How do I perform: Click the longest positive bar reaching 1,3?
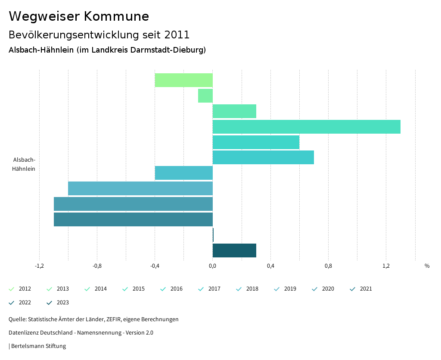click(x=306, y=127)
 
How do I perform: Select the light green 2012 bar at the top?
click(x=184, y=80)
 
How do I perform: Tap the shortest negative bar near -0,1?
click(x=205, y=96)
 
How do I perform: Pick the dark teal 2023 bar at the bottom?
click(x=234, y=250)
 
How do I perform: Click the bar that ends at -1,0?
click(x=140, y=188)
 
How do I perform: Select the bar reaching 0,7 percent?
click(x=263, y=157)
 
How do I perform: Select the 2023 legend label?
click(x=62, y=303)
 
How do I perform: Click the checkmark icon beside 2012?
click(x=12, y=289)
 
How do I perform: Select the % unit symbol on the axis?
click(x=427, y=266)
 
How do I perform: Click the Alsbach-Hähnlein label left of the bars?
click(x=24, y=164)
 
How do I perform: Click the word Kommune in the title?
click(x=116, y=16)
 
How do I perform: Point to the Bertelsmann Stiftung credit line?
click(x=38, y=346)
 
